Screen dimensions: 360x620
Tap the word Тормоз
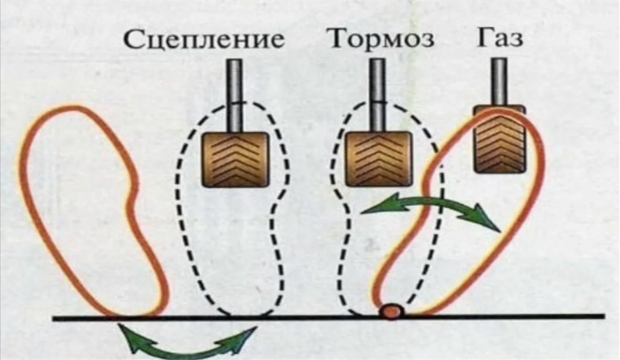click(381, 39)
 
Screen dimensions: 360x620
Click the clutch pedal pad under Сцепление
click(233, 159)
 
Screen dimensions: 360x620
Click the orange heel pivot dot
click(391, 311)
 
